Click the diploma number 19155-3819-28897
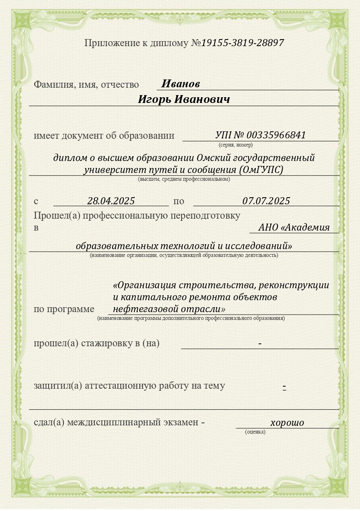(x=242, y=43)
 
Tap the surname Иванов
(x=180, y=84)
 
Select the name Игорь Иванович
(x=184, y=100)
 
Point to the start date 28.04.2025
(x=111, y=201)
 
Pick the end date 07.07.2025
(x=266, y=201)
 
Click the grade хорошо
(x=287, y=422)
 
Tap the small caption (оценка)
(x=255, y=432)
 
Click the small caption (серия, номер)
(x=236, y=145)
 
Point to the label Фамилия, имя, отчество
(x=86, y=85)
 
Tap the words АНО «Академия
(x=294, y=227)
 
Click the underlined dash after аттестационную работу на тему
(x=284, y=386)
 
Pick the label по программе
(x=64, y=309)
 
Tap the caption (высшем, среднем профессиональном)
(x=184, y=179)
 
